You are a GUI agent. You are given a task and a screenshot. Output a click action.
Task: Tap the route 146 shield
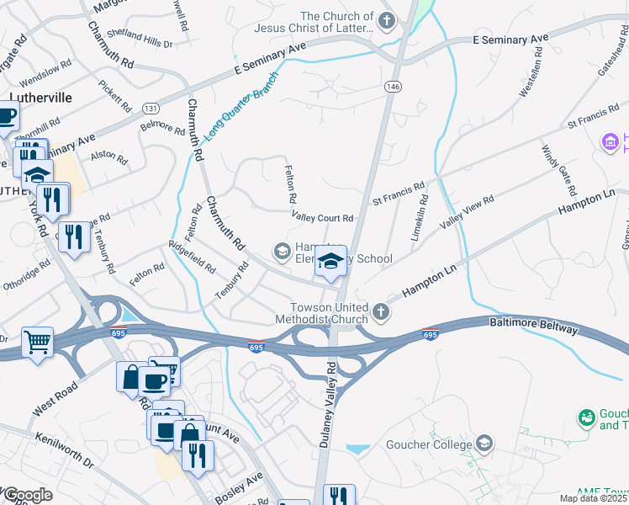(394, 87)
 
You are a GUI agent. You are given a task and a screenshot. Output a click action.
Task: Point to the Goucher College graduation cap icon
(484, 443)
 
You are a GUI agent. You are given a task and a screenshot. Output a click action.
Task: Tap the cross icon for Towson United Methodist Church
(381, 313)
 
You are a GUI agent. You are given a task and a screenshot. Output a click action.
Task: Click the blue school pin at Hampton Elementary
(330, 262)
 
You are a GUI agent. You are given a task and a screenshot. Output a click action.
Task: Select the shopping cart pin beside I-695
(37, 343)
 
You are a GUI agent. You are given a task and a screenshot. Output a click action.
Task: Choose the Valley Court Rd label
(322, 218)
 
